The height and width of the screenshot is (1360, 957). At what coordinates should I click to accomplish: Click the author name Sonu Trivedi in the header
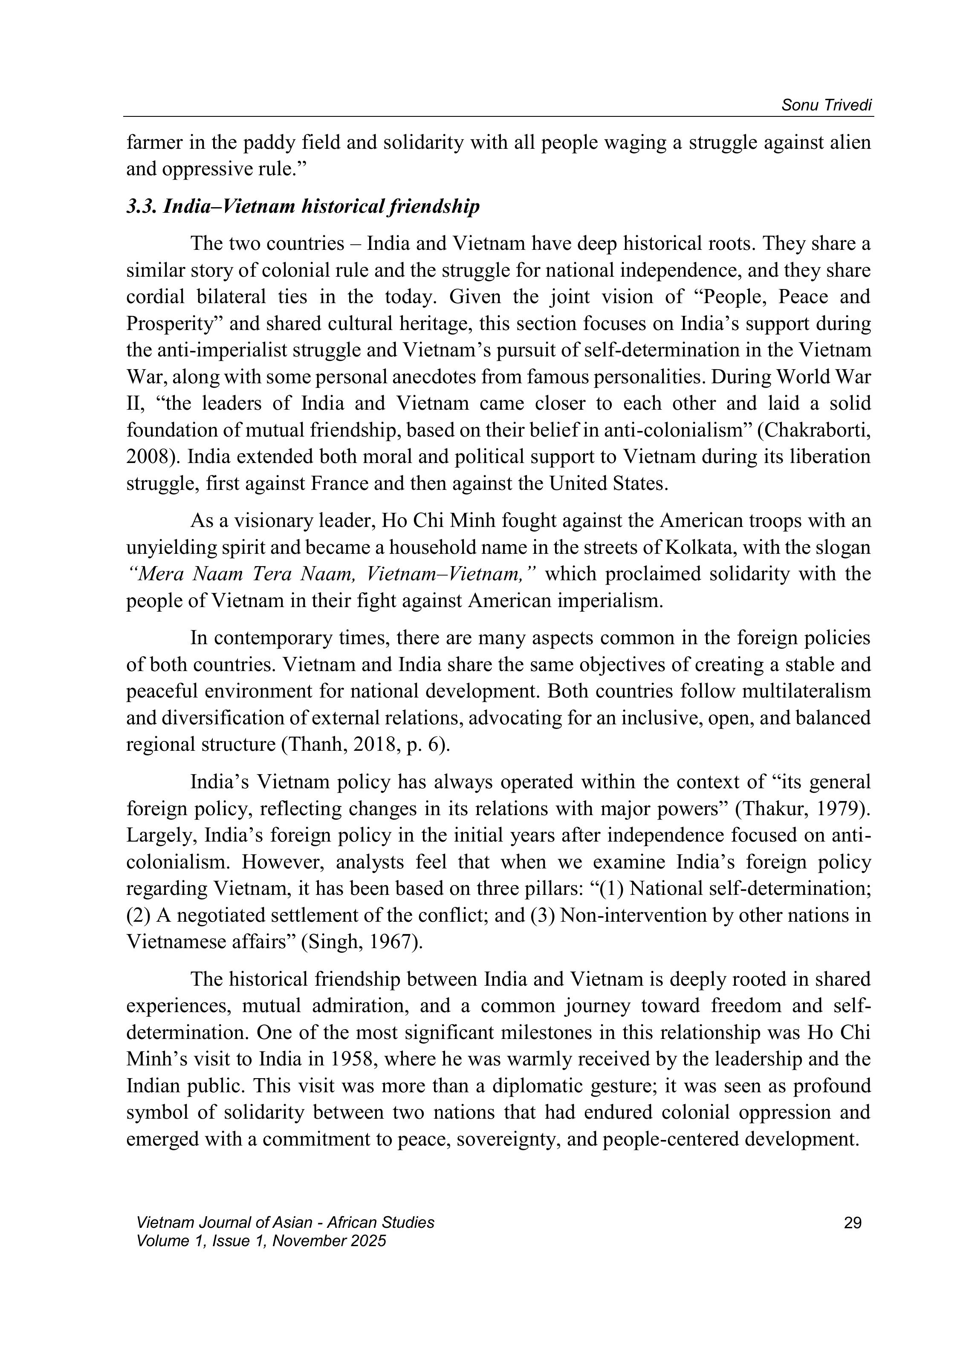pyautogui.click(x=827, y=105)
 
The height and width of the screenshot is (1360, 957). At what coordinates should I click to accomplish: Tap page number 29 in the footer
pyautogui.click(x=852, y=1223)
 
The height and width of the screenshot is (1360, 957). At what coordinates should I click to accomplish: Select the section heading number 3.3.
pyautogui.click(x=140, y=207)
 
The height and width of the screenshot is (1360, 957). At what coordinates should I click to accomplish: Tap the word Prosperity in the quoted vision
pyautogui.click(x=172, y=324)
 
